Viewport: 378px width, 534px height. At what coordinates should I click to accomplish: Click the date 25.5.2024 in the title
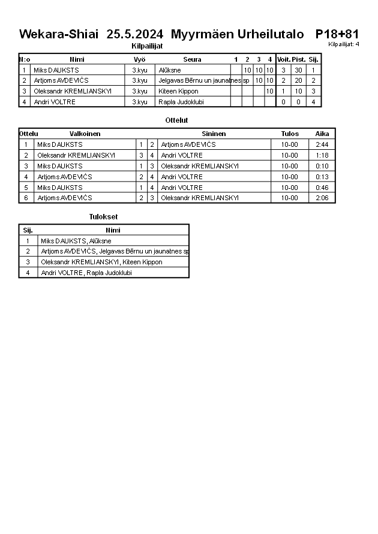(135, 34)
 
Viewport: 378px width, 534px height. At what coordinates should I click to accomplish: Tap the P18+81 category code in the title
(337, 34)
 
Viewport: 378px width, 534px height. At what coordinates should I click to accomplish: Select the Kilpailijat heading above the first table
(147, 46)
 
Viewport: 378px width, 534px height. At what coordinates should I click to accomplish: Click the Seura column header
(192, 59)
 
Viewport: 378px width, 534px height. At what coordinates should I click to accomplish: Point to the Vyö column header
(139, 59)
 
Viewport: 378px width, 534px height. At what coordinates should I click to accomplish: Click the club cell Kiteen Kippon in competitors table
(178, 91)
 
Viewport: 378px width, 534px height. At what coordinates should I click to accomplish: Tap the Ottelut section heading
(176, 120)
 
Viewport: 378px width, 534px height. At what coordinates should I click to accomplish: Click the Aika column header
(322, 134)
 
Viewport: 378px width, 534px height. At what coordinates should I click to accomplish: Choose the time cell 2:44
(322, 144)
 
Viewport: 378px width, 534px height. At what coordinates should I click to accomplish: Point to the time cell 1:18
(322, 155)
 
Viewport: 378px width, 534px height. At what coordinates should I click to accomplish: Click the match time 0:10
(322, 166)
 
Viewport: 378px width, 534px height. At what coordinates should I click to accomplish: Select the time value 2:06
(322, 198)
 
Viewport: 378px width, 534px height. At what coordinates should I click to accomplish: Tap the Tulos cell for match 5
(289, 188)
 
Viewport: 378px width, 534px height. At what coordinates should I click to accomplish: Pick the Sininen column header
(214, 134)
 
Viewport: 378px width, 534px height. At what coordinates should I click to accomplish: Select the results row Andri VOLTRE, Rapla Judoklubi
(86, 273)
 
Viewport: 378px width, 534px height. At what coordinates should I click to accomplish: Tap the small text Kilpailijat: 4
(344, 44)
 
